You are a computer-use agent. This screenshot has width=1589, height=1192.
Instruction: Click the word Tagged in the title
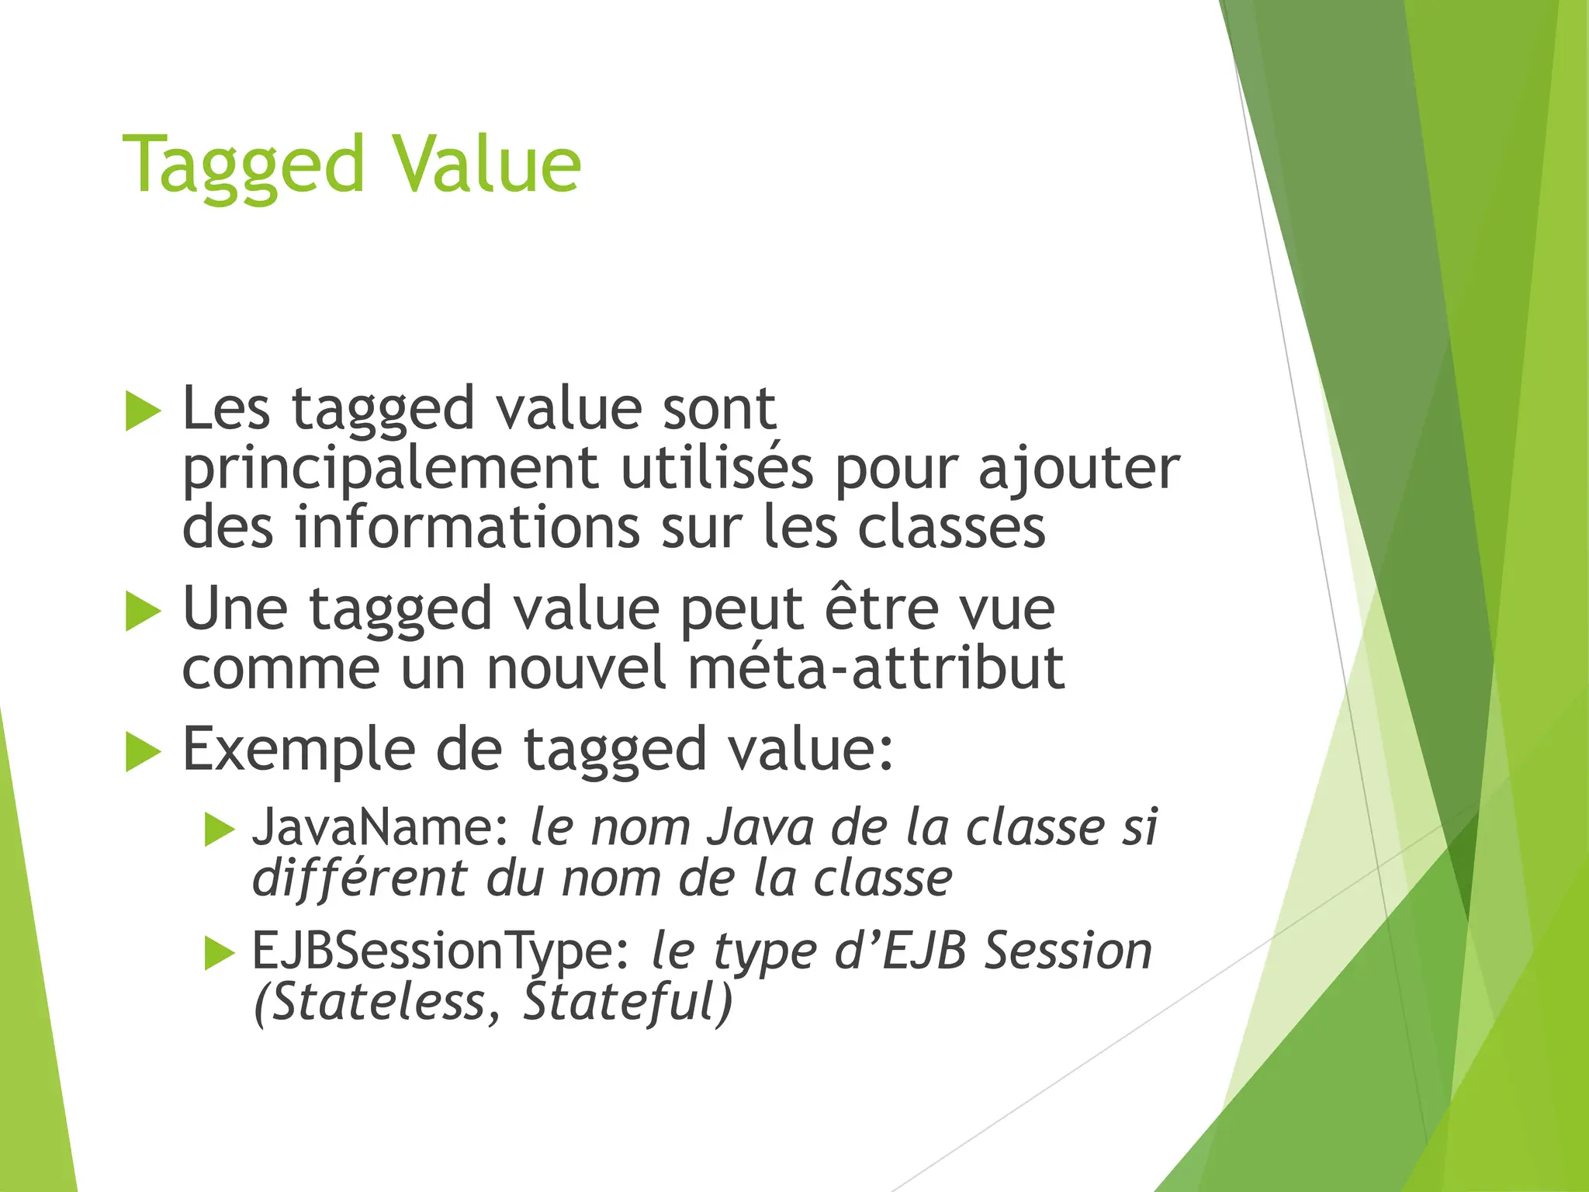point(243,165)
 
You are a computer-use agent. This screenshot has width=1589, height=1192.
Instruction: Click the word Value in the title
point(486,165)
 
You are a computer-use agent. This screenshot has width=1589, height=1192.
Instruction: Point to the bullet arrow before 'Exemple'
point(143,751)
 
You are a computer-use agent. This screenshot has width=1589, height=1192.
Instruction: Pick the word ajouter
point(1078,470)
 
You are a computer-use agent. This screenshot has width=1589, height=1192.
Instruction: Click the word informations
point(468,528)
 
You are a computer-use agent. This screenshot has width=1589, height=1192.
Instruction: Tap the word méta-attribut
point(876,668)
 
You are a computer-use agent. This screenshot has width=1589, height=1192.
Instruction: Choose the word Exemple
point(297,750)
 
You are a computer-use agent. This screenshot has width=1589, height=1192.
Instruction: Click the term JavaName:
point(380,827)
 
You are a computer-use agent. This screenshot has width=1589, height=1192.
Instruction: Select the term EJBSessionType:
point(441,951)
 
